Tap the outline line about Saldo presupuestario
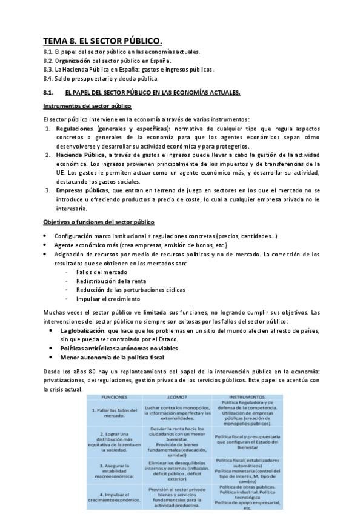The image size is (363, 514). pos(101,78)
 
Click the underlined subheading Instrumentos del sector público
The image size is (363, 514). pos(87,106)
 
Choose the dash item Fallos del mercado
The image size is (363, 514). pos(101,272)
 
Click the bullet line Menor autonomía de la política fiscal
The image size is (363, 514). pos(112,358)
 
